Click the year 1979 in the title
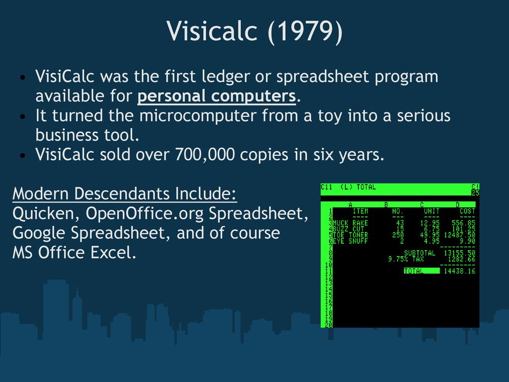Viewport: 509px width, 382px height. pos(306,31)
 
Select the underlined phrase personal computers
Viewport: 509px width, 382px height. pos(217,96)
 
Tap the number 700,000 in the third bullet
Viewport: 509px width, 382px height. pos(205,155)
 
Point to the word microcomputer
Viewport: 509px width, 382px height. pos(198,116)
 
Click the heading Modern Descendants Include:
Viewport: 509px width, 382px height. pos(125,193)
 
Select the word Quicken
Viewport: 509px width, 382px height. pos(46,213)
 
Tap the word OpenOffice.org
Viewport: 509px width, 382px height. pos(145,214)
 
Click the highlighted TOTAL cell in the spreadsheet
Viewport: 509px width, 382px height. pos(422,271)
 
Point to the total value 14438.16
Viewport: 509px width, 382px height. pos(459,271)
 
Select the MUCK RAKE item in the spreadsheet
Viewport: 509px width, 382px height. pos(350,223)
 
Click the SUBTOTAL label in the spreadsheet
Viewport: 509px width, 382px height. pos(420,253)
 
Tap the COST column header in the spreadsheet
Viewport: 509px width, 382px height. pos(467,211)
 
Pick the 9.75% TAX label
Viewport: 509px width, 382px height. pos(406,259)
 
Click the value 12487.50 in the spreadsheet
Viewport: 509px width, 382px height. pos(459,235)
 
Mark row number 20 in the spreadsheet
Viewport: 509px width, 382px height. pos(329,324)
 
